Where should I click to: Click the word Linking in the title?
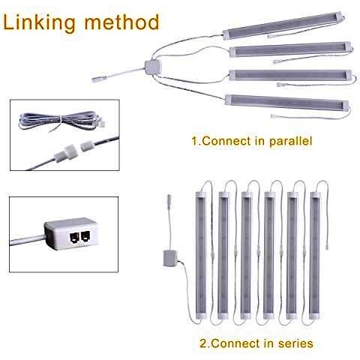[39, 23]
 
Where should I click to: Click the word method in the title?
[121, 22]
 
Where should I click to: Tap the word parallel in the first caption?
[291, 142]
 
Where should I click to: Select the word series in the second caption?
[295, 343]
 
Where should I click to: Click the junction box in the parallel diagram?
[153, 66]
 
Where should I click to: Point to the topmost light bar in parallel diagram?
[283, 25]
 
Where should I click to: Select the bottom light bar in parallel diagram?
[287, 103]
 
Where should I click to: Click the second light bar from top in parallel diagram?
[291, 49]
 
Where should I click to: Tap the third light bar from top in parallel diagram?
[290, 75]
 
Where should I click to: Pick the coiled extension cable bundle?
[62, 121]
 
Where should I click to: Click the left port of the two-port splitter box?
[75, 237]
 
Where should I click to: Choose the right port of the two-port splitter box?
[85, 236]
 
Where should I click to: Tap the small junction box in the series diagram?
[170, 257]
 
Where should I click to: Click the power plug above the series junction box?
[169, 201]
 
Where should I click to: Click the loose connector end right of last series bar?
[326, 245]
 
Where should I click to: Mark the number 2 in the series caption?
[203, 343]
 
